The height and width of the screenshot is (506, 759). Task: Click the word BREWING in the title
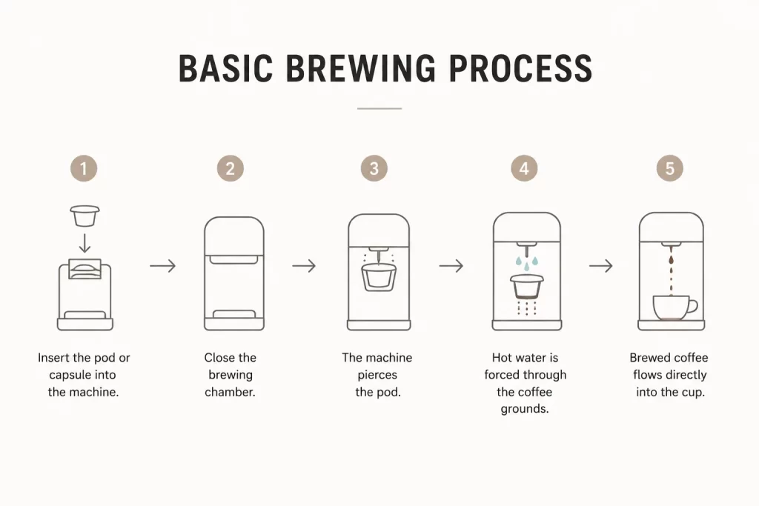click(x=361, y=68)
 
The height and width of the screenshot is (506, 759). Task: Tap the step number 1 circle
click(x=84, y=168)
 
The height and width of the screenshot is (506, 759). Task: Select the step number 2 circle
click(x=231, y=168)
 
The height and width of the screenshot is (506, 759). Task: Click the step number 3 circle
click(x=374, y=168)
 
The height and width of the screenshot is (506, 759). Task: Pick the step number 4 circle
click(x=524, y=168)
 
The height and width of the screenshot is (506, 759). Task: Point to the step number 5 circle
click(x=670, y=168)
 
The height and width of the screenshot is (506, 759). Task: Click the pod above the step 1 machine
click(x=84, y=216)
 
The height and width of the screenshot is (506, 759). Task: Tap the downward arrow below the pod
click(x=84, y=243)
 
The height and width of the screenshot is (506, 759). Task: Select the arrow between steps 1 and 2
click(x=162, y=265)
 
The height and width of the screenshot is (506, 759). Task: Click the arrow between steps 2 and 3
click(x=304, y=265)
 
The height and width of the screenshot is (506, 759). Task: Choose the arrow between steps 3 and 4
click(x=451, y=265)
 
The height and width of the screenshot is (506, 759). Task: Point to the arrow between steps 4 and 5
click(x=600, y=265)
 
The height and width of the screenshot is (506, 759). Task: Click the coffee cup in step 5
click(x=675, y=307)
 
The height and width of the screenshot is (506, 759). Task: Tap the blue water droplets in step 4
click(x=527, y=263)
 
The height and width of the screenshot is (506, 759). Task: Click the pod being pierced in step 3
click(x=379, y=277)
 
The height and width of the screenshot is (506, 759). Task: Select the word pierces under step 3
click(x=377, y=375)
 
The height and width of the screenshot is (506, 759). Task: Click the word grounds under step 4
click(x=525, y=409)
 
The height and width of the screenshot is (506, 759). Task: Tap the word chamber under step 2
click(x=230, y=392)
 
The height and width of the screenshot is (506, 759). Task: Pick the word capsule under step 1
click(x=70, y=376)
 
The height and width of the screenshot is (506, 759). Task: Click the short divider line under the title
click(x=379, y=108)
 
